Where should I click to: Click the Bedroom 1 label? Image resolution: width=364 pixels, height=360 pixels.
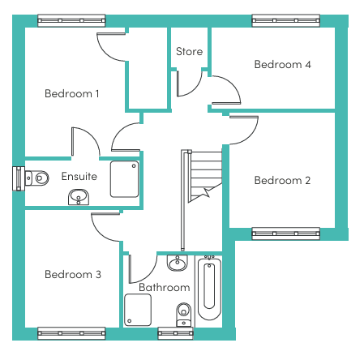[72, 94]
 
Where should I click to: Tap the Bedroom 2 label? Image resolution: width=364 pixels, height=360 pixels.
[282, 180]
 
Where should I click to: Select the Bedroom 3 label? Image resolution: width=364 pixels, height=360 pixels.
[73, 274]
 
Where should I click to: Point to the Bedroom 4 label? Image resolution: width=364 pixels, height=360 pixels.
[283, 64]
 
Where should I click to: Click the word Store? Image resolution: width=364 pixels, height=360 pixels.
[189, 51]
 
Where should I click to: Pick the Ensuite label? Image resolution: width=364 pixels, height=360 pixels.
[79, 176]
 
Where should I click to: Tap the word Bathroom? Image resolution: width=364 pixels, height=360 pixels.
[165, 287]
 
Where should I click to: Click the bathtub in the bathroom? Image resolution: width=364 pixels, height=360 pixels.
[209, 288]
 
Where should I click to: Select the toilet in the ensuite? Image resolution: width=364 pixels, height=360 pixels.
[36, 178]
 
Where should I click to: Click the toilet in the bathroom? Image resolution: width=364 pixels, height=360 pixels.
[184, 315]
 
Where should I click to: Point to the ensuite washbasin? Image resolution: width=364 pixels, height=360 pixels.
[79, 197]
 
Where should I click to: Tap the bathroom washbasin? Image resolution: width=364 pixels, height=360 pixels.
[178, 263]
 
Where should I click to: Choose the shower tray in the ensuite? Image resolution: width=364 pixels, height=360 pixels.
[124, 179]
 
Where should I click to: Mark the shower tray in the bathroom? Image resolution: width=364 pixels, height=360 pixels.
[138, 310]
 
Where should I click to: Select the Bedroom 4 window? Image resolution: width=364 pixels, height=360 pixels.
[286, 20]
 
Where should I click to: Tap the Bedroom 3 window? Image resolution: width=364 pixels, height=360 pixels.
[71, 333]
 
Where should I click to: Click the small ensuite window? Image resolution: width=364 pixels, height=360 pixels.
[19, 178]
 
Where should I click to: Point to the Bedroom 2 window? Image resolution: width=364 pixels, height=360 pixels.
[286, 234]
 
